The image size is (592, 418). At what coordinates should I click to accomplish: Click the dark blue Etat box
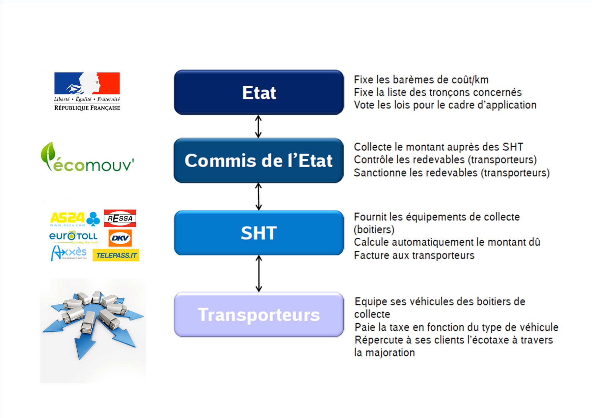click(259, 92)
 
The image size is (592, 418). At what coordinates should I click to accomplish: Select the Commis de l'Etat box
click(259, 160)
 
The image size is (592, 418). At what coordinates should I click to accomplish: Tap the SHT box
click(259, 233)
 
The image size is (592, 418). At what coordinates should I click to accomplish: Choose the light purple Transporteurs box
click(259, 315)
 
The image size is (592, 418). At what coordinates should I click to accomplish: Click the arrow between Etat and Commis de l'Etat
click(258, 126)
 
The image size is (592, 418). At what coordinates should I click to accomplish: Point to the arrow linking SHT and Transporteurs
click(259, 274)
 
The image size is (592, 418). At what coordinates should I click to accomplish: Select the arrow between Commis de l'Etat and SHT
click(259, 197)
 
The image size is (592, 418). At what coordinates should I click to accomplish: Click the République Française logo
click(87, 91)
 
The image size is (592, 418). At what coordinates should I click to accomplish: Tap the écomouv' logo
click(87, 157)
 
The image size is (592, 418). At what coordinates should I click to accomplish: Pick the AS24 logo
click(75, 219)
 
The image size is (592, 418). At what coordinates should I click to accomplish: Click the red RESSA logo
click(120, 218)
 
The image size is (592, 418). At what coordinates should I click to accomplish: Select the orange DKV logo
click(120, 238)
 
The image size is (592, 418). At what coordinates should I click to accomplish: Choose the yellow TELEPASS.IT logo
click(116, 255)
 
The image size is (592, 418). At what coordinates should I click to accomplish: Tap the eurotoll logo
click(73, 237)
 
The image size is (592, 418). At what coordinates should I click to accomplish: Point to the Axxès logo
click(69, 253)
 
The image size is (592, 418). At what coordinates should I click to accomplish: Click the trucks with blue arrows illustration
click(93, 330)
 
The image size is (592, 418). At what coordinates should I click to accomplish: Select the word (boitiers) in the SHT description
click(374, 230)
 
